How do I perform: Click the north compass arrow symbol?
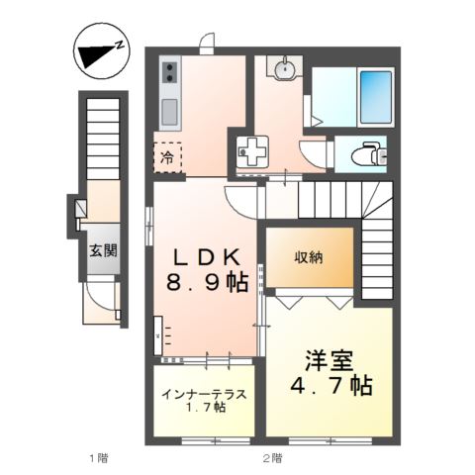tap(99, 53)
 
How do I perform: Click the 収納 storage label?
tap(308, 257)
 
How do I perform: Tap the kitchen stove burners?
tap(168, 71)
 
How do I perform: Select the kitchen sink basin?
tap(168, 108)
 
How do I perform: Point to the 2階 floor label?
tap(272, 457)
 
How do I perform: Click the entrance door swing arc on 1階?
tap(99, 297)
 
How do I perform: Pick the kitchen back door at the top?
tap(207, 44)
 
